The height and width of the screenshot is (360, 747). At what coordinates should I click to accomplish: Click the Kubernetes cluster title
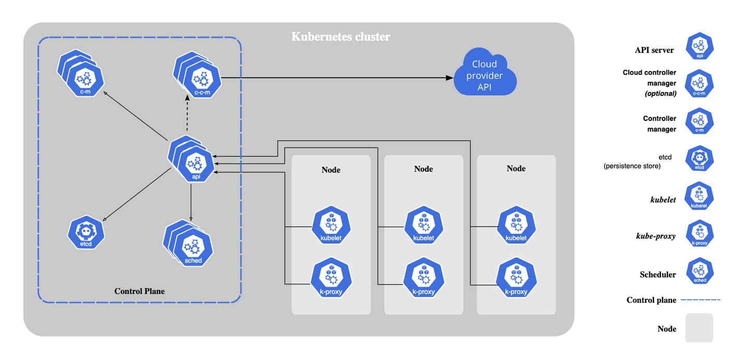(x=340, y=37)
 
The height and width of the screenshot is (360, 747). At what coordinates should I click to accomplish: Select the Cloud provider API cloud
(x=484, y=73)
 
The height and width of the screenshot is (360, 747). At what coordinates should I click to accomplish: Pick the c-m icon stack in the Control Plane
(x=83, y=77)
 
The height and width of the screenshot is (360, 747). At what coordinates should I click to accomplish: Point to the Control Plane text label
(x=140, y=291)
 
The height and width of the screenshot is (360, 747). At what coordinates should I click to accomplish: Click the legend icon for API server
(x=699, y=47)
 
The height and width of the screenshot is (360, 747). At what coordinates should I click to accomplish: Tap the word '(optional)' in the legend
(x=660, y=94)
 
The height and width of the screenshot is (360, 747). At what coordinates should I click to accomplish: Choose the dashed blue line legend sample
(x=700, y=300)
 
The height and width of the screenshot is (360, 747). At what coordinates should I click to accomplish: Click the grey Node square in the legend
(x=699, y=328)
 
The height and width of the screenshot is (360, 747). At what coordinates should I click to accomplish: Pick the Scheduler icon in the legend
(x=699, y=272)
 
